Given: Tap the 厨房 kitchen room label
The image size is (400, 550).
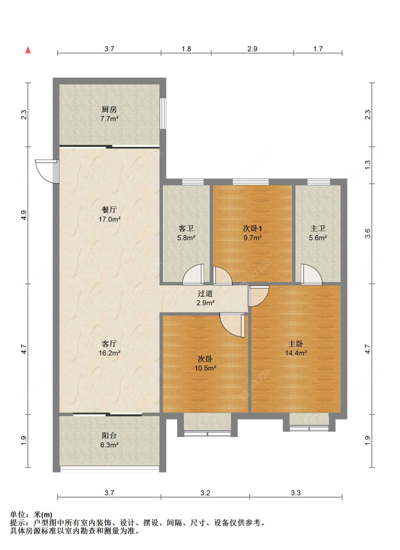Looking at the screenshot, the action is point(109,109).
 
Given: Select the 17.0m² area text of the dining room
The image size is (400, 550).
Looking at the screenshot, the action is point(110,219).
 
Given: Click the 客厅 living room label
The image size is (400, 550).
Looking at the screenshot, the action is point(109,343).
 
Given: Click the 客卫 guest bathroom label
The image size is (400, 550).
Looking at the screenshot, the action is point(186,228).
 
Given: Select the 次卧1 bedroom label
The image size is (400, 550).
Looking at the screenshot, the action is point(252,228).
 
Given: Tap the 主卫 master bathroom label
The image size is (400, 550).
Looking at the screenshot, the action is point(318,228).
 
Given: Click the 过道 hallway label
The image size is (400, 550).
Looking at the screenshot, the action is point(205,293).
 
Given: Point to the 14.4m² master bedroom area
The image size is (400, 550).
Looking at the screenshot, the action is point(296,353).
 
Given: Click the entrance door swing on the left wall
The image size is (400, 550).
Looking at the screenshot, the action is point(47,171).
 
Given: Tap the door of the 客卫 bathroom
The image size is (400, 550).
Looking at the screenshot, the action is point(193,274).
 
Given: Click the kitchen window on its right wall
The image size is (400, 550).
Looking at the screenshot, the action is point(163,113).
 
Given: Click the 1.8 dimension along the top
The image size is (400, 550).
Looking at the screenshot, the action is point(186,49).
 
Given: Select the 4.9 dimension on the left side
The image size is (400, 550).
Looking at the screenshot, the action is point(24,215).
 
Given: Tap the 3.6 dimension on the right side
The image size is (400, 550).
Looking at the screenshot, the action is point(368,233).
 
